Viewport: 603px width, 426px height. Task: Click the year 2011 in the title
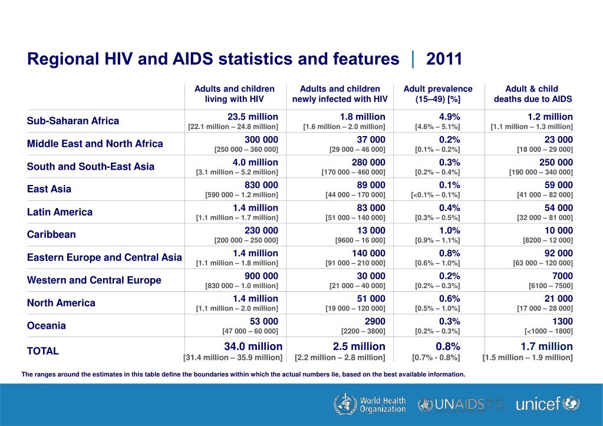[x=444, y=59]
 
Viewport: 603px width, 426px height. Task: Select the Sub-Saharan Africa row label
[x=73, y=121]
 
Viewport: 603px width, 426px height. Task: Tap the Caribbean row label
[x=51, y=235]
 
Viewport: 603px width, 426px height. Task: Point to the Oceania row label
[x=46, y=326]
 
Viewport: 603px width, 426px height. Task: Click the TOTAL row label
[x=42, y=351]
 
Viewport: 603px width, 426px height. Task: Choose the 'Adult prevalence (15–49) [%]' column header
[x=438, y=94]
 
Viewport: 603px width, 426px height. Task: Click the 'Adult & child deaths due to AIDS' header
[x=533, y=94]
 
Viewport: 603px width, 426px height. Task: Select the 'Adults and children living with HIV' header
[x=234, y=94]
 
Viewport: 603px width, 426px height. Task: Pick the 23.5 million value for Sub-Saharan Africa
[x=253, y=117]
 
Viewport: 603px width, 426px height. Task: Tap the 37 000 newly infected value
[x=371, y=140]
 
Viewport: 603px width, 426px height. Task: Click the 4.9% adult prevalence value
[x=450, y=117]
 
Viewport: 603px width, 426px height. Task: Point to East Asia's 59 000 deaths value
[x=558, y=185]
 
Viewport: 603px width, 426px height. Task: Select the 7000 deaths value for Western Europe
[x=562, y=276]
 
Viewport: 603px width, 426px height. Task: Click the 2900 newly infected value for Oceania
[x=374, y=321]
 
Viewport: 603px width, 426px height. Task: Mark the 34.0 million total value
[x=253, y=346]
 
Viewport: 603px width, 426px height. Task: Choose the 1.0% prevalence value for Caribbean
[x=450, y=230]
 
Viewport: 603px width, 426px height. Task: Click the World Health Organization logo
[x=369, y=404]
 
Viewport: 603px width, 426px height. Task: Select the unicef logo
[x=548, y=404]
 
